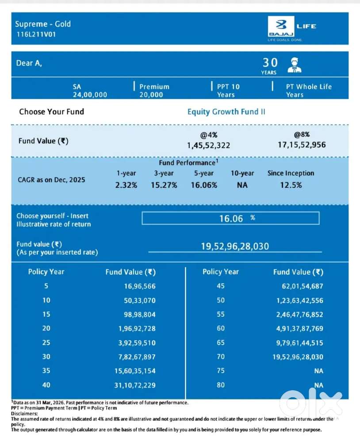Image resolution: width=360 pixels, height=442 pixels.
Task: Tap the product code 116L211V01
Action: [36, 35]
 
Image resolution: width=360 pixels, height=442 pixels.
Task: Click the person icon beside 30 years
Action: [294, 65]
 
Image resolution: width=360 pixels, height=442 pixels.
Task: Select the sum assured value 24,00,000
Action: [90, 95]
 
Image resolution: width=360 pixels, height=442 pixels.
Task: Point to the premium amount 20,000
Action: [151, 95]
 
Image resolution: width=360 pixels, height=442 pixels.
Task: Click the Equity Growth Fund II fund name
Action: [226, 112]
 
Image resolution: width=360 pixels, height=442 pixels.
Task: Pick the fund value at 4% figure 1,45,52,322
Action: [208, 146]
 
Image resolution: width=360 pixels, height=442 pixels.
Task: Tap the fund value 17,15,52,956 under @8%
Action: [302, 145]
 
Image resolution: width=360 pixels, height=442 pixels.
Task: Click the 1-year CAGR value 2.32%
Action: [126, 185]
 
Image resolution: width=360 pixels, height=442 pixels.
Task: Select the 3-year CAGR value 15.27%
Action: [164, 185]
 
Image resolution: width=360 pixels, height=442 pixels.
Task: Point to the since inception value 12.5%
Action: [291, 185]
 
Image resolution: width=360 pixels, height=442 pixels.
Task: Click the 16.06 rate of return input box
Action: [230, 218]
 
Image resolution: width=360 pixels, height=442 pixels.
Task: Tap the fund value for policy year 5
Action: [140, 286]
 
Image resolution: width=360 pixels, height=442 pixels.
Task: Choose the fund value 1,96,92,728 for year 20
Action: [137, 329]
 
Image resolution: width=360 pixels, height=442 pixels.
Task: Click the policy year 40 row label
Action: [46, 385]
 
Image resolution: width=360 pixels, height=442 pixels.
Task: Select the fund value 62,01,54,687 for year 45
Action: [302, 286]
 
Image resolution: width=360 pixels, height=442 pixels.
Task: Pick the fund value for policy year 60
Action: [299, 329]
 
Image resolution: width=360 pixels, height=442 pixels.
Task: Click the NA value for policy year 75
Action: [318, 371]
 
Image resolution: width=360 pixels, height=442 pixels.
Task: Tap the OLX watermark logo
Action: [311, 404]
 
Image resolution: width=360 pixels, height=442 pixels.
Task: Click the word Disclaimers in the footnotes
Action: [24, 414]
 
